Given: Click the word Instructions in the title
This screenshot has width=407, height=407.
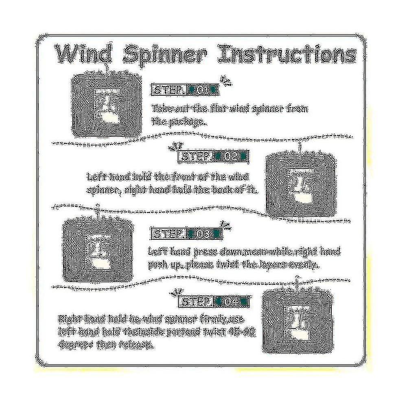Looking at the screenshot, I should (x=287, y=54).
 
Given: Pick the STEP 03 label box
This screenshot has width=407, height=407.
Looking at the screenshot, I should (x=187, y=234).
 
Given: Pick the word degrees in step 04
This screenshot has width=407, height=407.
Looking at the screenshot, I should (x=77, y=345).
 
